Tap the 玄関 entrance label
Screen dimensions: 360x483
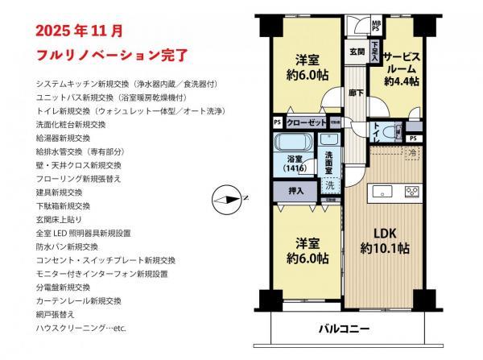[357, 52]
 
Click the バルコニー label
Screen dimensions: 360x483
[344, 329]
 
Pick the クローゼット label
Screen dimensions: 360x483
[306, 122]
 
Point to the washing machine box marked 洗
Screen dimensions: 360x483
[329, 184]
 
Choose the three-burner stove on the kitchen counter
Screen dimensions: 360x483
[411, 192]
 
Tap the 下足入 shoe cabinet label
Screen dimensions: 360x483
[375, 49]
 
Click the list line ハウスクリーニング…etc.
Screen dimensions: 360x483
[82, 329]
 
